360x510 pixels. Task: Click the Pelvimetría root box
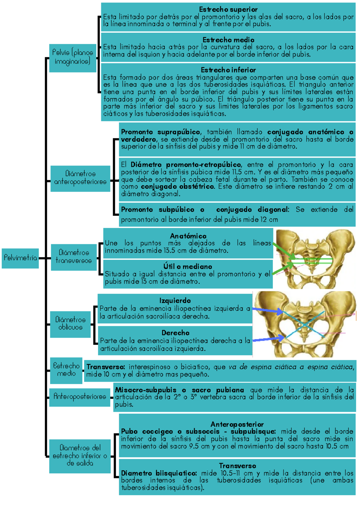(x=20, y=258)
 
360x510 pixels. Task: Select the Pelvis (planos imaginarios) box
(x=73, y=58)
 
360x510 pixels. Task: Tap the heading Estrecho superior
(x=228, y=9)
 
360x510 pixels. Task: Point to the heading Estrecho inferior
(x=228, y=70)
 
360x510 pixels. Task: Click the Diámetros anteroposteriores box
(x=80, y=178)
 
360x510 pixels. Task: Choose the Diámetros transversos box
(x=73, y=257)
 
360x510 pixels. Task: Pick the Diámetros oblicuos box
(x=70, y=324)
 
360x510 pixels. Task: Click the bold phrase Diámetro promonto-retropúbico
(x=186, y=165)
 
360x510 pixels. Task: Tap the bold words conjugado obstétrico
(x=178, y=187)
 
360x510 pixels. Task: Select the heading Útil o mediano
(x=188, y=266)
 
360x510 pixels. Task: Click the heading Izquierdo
(x=175, y=301)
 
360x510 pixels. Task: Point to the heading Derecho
(x=175, y=333)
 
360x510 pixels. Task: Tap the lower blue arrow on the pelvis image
(x=268, y=339)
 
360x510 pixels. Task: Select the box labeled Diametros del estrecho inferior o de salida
(x=80, y=455)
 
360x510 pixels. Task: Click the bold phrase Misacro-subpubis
(x=146, y=390)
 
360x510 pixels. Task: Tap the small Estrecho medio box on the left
(x=66, y=370)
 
